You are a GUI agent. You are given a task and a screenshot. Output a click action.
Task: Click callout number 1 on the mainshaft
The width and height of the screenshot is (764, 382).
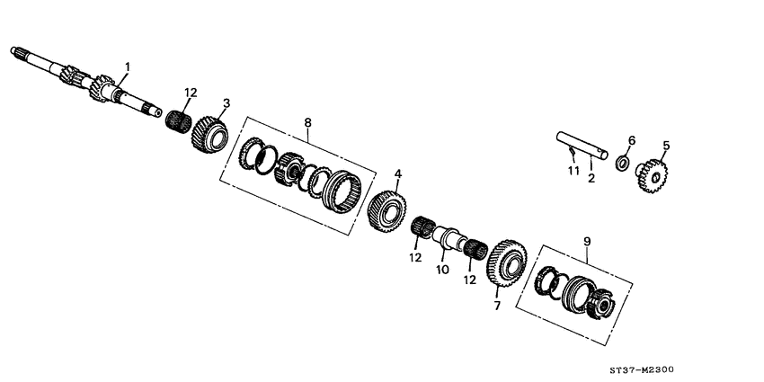point(128,67)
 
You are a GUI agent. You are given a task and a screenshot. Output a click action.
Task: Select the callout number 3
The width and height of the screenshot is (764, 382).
point(227,102)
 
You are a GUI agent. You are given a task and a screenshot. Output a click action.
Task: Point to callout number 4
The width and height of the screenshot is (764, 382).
point(398,173)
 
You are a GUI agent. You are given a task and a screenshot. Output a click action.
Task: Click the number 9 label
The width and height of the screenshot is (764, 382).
point(587,241)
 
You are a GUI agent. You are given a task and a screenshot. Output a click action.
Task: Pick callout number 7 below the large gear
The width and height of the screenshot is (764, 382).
point(494,306)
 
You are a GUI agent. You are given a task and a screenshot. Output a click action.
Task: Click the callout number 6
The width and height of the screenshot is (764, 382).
point(631,140)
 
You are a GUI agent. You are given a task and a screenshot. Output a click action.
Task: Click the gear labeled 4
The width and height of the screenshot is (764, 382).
point(386,213)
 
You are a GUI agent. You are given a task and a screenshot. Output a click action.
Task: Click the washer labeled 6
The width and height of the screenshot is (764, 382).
point(620,164)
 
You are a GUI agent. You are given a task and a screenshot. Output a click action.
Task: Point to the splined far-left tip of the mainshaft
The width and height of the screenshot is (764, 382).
point(18,53)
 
